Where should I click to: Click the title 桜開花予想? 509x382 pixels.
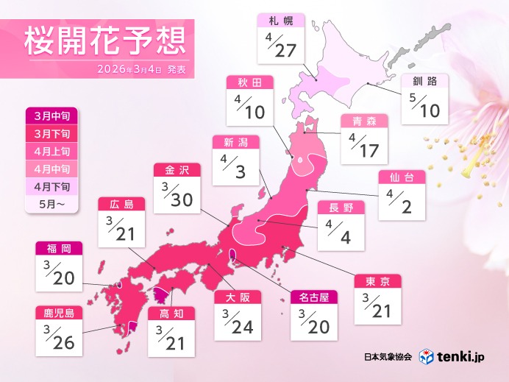click(102, 43)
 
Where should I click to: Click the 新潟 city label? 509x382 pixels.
click(235, 143)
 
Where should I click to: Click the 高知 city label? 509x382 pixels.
click(171, 313)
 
